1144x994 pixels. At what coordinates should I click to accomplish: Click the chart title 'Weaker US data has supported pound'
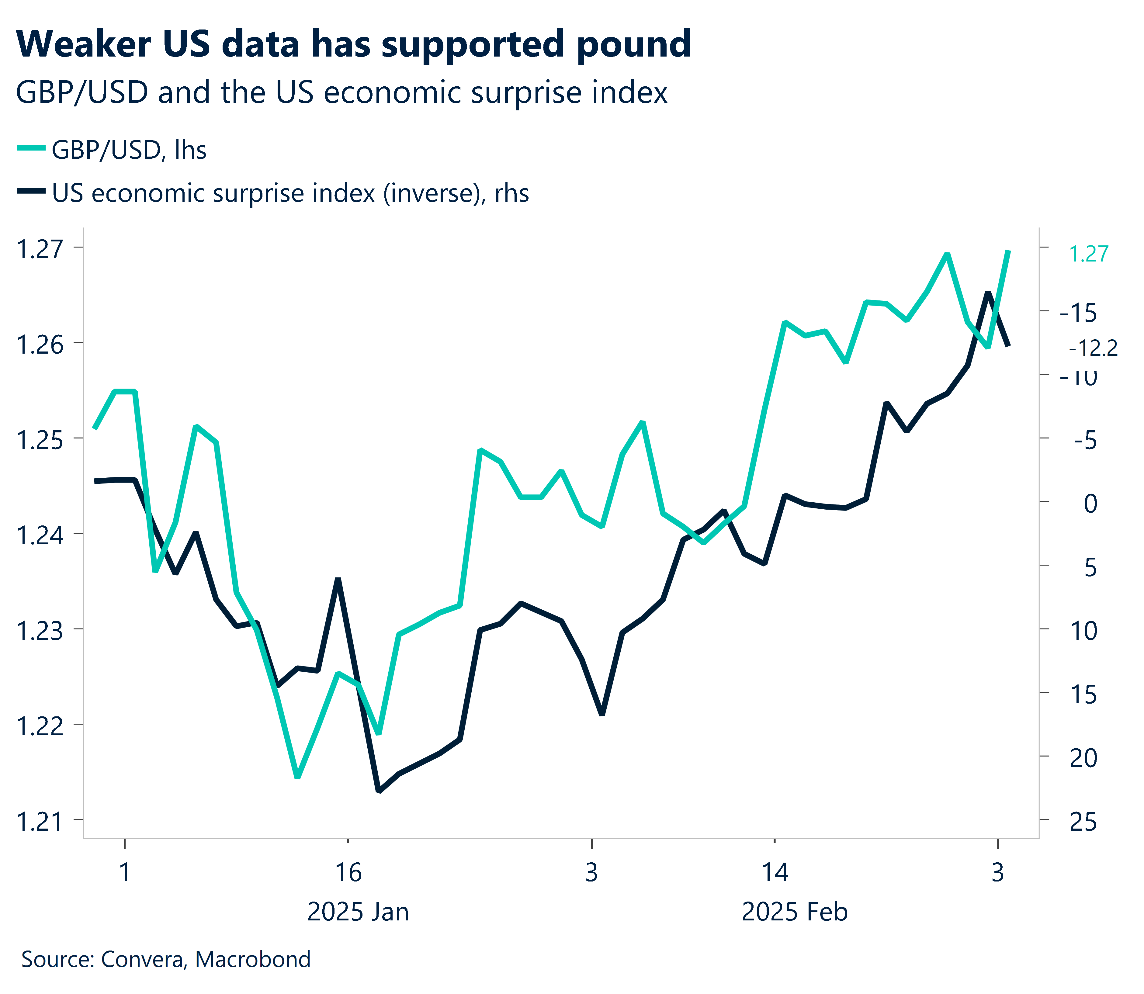coord(353,44)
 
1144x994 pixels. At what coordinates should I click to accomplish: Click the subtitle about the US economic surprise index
coord(341,93)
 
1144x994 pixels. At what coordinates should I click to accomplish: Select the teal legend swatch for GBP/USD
coord(31,147)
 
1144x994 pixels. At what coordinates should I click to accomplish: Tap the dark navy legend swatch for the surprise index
coord(31,191)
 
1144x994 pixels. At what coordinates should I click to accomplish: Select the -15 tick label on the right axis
coord(1078,313)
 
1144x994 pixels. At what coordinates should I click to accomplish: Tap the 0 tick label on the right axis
coord(1090,504)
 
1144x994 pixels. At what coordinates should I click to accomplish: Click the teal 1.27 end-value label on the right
coord(1088,254)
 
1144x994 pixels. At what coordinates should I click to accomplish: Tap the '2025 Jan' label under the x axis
coord(358,912)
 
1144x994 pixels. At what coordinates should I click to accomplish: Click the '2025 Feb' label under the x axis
coord(795,912)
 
